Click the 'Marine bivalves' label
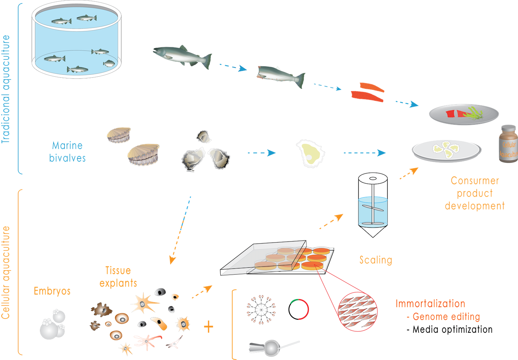[x=67, y=152]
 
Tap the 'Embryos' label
[x=52, y=291]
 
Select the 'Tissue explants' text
[x=118, y=277]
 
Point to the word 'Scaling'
[x=376, y=260]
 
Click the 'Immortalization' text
[x=430, y=304]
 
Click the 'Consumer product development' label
[x=474, y=193]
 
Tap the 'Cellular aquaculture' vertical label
[x=6, y=273]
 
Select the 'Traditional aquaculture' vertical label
[x=6, y=89]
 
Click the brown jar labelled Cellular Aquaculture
[x=508, y=143]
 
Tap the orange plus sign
[x=208, y=326]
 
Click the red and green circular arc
[x=301, y=309]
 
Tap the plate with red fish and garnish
[x=463, y=114]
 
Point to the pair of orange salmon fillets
[x=368, y=92]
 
